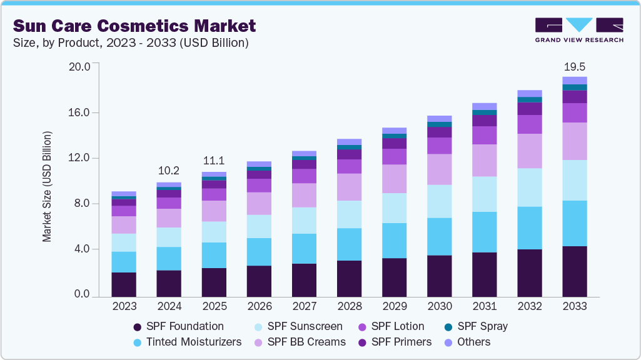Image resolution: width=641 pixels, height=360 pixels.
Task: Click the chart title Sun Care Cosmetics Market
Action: tap(134, 26)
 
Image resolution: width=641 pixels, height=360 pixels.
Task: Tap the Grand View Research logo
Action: tap(578, 30)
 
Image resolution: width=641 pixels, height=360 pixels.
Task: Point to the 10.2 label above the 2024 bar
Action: tap(169, 170)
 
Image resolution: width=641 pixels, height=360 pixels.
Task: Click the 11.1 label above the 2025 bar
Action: tap(214, 160)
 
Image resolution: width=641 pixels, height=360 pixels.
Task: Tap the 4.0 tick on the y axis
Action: tap(82, 249)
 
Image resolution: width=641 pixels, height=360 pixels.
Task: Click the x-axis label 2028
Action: tap(349, 306)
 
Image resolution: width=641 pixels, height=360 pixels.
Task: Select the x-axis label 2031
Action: tap(484, 306)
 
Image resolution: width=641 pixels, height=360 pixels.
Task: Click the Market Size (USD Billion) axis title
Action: tap(47, 187)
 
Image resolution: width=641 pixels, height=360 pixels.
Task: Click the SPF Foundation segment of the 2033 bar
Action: tap(574, 271)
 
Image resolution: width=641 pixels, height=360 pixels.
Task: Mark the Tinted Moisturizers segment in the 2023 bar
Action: tap(124, 262)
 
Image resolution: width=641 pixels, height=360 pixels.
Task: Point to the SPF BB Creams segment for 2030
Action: tap(439, 169)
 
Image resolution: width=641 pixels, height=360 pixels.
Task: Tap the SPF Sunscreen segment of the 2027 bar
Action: tap(304, 221)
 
